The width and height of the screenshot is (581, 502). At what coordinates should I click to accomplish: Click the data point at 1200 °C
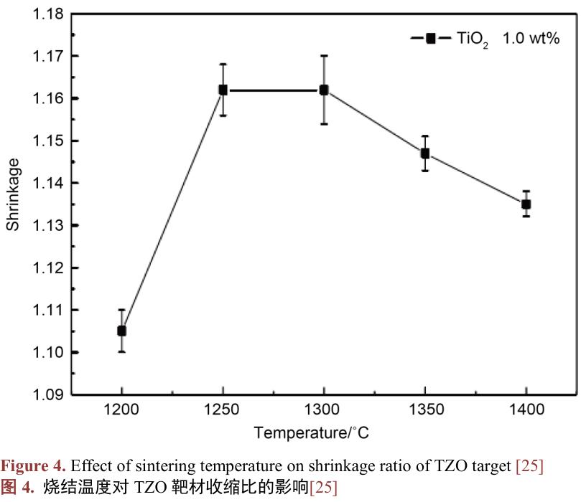[x=122, y=331]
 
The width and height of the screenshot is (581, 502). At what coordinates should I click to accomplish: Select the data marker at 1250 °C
[x=223, y=90]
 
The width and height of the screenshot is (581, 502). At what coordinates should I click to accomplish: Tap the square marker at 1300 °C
[x=324, y=90]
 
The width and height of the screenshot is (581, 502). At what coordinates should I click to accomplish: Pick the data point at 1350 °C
[x=425, y=153]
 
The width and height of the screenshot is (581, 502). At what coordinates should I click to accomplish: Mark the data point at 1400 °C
[x=526, y=204]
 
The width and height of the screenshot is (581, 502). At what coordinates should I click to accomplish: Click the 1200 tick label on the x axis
[x=122, y=410]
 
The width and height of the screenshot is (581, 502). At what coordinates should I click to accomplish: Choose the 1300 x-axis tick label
[x=324, y=410]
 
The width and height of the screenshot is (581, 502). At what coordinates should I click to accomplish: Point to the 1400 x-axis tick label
[x=526, y=410]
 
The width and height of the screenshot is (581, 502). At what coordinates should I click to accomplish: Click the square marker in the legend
[x=431, y=39]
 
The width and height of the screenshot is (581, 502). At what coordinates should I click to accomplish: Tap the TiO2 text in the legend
[x=473, y=39]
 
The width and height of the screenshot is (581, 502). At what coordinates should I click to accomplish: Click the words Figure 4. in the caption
[x=32, y=467]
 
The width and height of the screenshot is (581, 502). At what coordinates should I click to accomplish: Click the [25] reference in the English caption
[x=529, y=467]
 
